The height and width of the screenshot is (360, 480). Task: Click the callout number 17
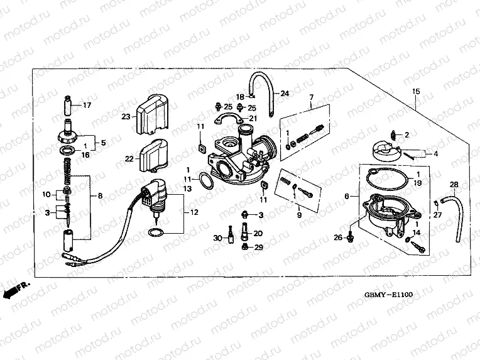coord(87,105)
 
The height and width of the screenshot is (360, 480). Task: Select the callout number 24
coord(285,94)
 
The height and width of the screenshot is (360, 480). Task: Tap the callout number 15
coord(415,92)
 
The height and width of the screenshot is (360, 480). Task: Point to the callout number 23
coord(126,116)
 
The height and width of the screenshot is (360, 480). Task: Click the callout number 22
coord(129,159)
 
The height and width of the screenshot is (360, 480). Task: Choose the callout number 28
coord(453,183)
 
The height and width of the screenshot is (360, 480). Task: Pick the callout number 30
coord(217,238)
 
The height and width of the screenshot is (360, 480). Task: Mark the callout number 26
coord(337,237)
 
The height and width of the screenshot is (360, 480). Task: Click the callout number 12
coord(194,212)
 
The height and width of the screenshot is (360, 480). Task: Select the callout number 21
coord(253,118)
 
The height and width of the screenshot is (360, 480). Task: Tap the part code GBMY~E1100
coord(390,293)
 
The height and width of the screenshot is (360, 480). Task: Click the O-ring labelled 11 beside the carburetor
coord(205,182)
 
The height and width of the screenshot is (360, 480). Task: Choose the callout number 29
coord(258,248)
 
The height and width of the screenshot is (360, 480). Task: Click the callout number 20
coord(258,233)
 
